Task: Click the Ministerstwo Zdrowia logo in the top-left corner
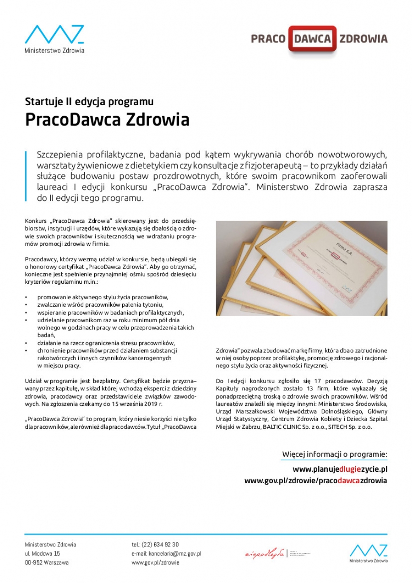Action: [x=54, y=39]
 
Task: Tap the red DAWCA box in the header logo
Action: [x=312, y=39]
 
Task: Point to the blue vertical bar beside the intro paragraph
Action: [x=26, y=175]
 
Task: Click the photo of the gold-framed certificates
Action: [x=301, y=268]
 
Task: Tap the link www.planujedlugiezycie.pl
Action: [x=340, y=469]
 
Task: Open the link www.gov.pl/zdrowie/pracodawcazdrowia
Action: [x=315, y=480]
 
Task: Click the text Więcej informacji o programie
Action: [x=335, y=454]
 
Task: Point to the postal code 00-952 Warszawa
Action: [x=47, y=562]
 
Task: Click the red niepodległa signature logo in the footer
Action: [x=265, y=554]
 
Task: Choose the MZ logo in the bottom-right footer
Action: [x=369, y=553]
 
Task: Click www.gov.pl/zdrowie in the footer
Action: [x=155, y=562]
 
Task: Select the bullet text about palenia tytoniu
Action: [x=100, y=304]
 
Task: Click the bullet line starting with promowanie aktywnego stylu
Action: [x=103, y=297]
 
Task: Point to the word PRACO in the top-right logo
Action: [x=268, y=39]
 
